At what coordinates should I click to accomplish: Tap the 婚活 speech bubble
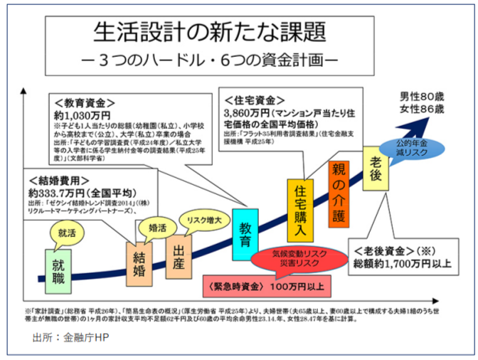[x=157, y=228]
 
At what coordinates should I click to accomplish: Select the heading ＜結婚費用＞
[x=58, y=180]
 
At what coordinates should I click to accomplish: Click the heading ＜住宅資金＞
[x=255, y=100]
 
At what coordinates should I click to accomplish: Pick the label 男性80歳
[x=421, y=96]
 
